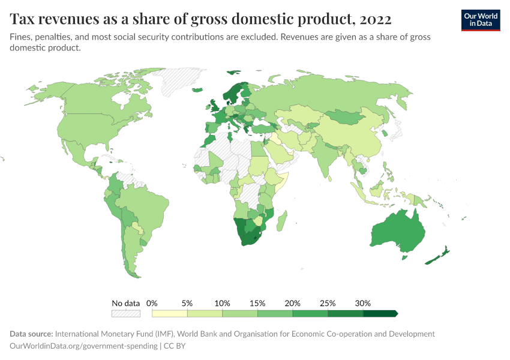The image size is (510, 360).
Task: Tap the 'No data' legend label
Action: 125,303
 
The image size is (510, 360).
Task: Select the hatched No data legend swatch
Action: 125,313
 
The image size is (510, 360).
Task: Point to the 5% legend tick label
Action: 187,303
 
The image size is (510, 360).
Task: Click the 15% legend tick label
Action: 257,303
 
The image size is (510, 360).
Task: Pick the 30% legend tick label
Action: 362,303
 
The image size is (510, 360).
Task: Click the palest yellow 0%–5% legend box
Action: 170,313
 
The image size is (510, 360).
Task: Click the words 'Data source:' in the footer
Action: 31,334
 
